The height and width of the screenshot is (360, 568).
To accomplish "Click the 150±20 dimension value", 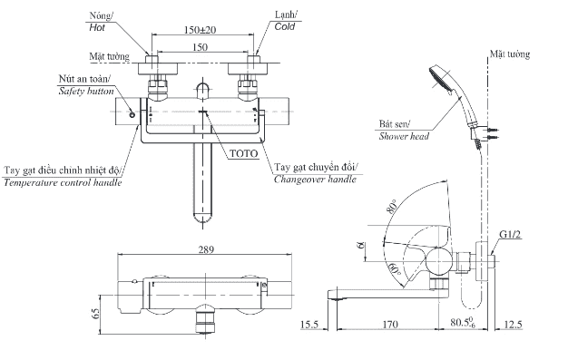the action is click(200, 29).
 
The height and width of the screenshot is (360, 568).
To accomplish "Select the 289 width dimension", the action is click(206, 249).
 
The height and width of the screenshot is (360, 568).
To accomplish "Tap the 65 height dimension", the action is click(95, 314).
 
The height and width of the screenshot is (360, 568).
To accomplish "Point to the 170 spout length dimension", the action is click(390, 324).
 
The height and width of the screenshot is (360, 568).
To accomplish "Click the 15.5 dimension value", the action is click(309, 324).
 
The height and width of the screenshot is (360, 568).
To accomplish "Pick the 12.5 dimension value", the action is click(513, 324).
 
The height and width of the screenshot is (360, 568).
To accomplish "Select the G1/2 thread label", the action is click(510, 235).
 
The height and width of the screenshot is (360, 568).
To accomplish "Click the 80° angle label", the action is click(393, 207).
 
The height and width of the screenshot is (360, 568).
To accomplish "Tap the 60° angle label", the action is click(394, 268).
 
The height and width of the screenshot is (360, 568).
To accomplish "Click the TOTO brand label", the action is click(244, 153).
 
